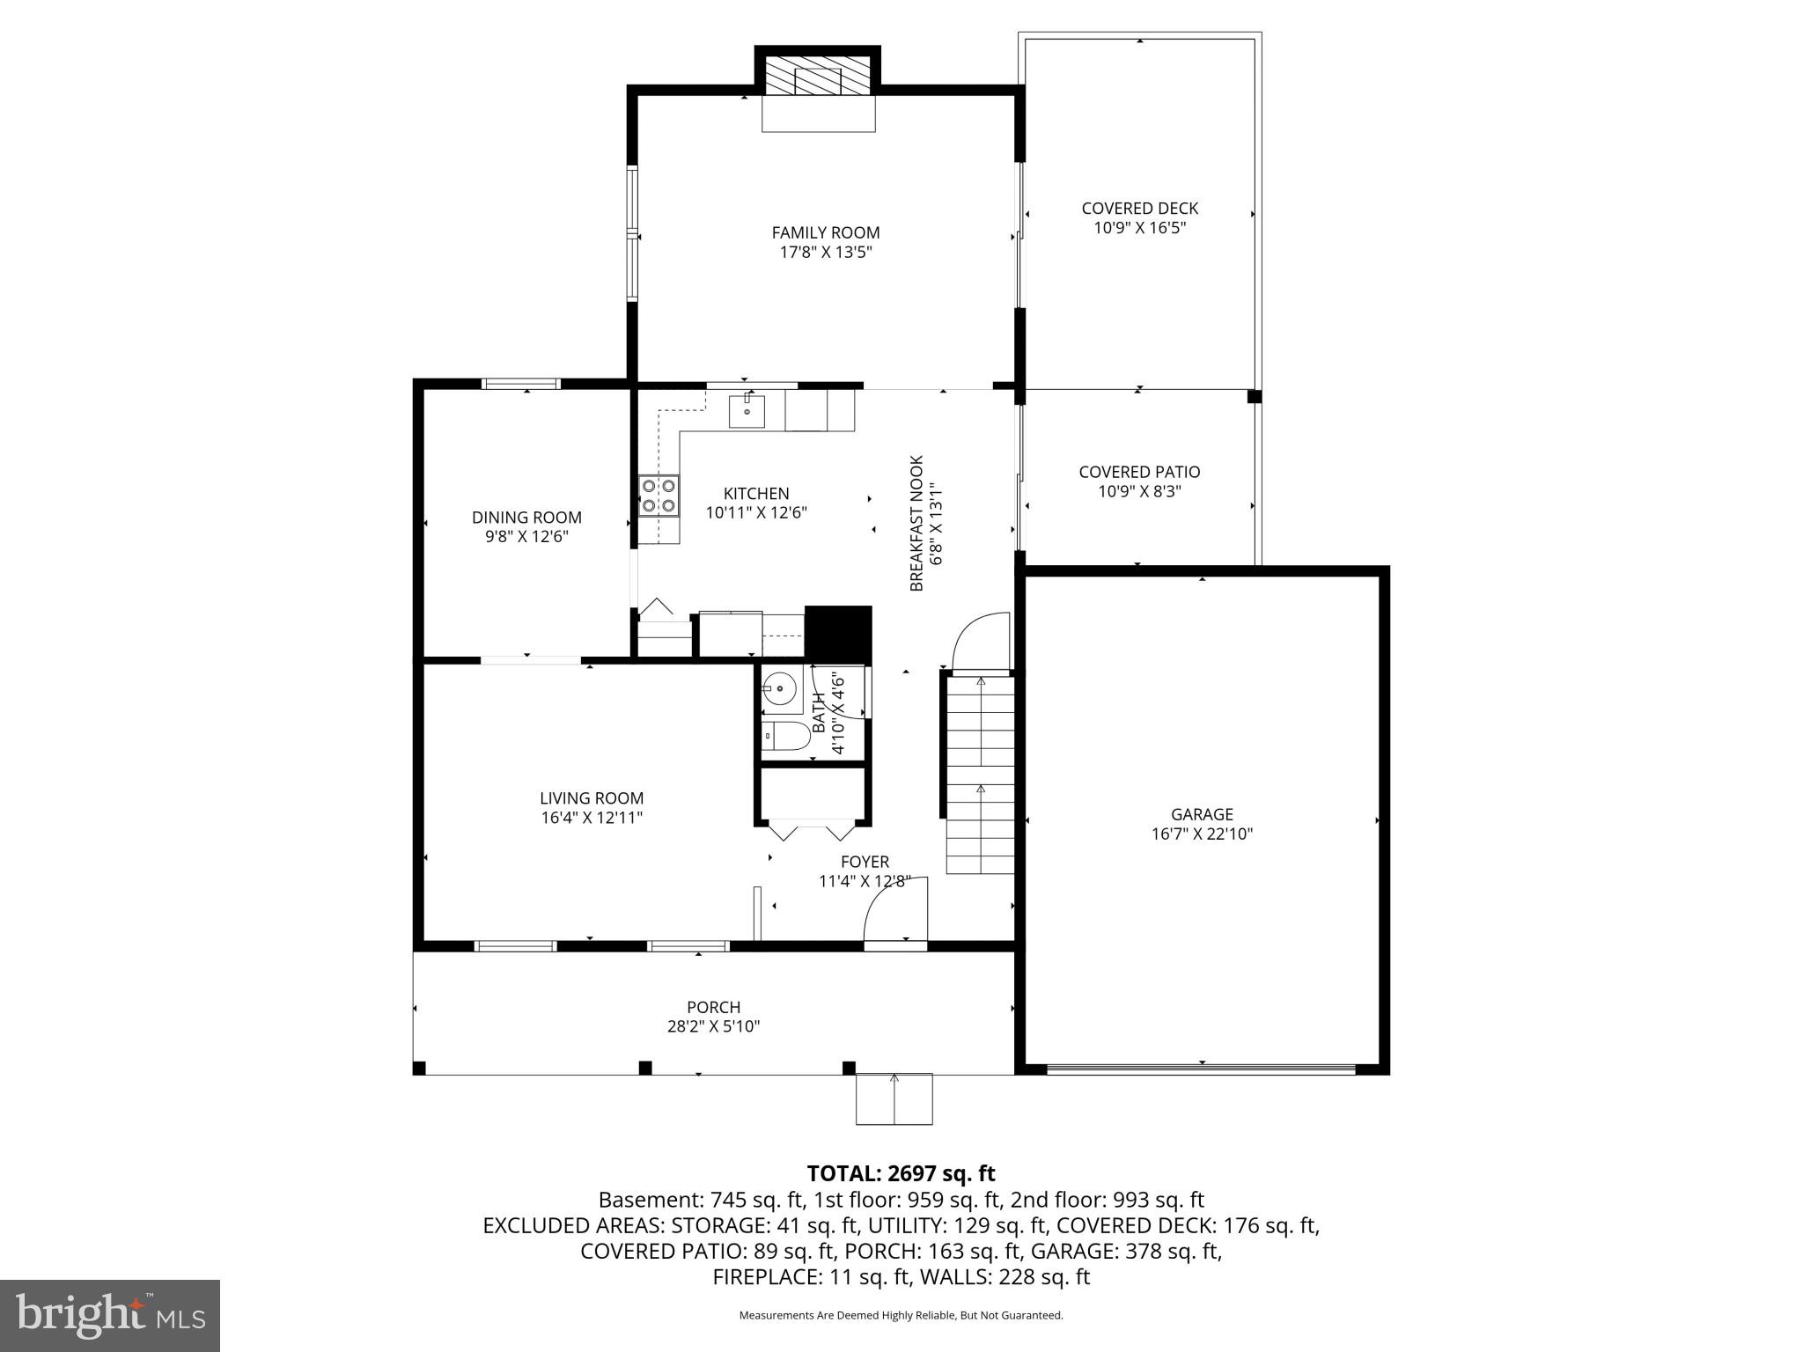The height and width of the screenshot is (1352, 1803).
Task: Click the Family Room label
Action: pos(825,232)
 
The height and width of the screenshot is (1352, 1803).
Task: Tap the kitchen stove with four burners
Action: pos(659,495)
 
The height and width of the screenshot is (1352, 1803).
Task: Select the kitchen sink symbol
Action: pos(747,411)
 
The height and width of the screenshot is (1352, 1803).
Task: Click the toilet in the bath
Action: pos(785,736)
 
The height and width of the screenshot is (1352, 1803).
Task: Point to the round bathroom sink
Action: pos(779,689)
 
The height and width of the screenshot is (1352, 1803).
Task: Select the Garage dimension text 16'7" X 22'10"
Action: pos(1202,834)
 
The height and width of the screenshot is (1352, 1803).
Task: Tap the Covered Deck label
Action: pos(1139,209)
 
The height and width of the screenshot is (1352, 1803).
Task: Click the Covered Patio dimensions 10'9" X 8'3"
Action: pos(1139,491)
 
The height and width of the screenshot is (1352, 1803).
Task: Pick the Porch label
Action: pos(713,1007)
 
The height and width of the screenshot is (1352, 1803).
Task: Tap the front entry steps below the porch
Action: pos(894,1098)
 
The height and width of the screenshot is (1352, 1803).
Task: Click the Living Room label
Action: pos(592,798)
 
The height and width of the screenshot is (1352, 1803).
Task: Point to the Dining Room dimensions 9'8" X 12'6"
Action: pos(526,536)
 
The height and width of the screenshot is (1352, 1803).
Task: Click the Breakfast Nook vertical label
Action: pos(916,523)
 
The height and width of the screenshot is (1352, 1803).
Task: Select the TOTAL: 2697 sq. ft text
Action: pos(901,1173)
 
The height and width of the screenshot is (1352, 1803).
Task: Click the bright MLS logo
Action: pos(110,1315)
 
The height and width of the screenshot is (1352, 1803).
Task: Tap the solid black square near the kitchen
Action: pos(838,634)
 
